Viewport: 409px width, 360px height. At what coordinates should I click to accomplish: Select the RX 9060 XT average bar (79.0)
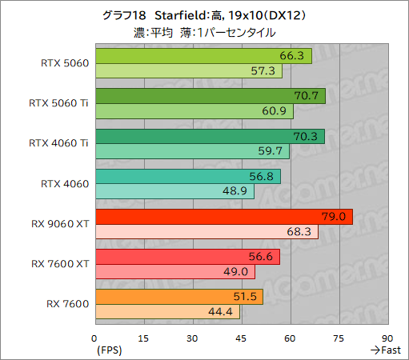pos(223,217)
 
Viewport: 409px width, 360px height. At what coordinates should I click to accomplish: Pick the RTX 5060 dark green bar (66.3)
pos(202,56)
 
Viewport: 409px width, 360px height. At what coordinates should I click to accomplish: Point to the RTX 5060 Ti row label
pos(58,103)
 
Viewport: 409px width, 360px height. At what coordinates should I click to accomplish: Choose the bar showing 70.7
pos(210,96)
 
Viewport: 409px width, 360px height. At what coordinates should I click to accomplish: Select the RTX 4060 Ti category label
pos(58,143)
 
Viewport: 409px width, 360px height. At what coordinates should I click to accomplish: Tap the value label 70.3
pos(308,136)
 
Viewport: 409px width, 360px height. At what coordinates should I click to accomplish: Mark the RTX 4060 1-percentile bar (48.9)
pos(174,191)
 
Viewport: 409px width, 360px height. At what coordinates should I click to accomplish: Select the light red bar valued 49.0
pos(174,272)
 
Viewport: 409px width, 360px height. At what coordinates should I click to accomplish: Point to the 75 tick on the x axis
pos(339,338)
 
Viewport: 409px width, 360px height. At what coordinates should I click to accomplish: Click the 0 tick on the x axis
pos(94,338)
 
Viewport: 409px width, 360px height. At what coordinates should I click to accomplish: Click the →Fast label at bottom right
pos(385,350)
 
